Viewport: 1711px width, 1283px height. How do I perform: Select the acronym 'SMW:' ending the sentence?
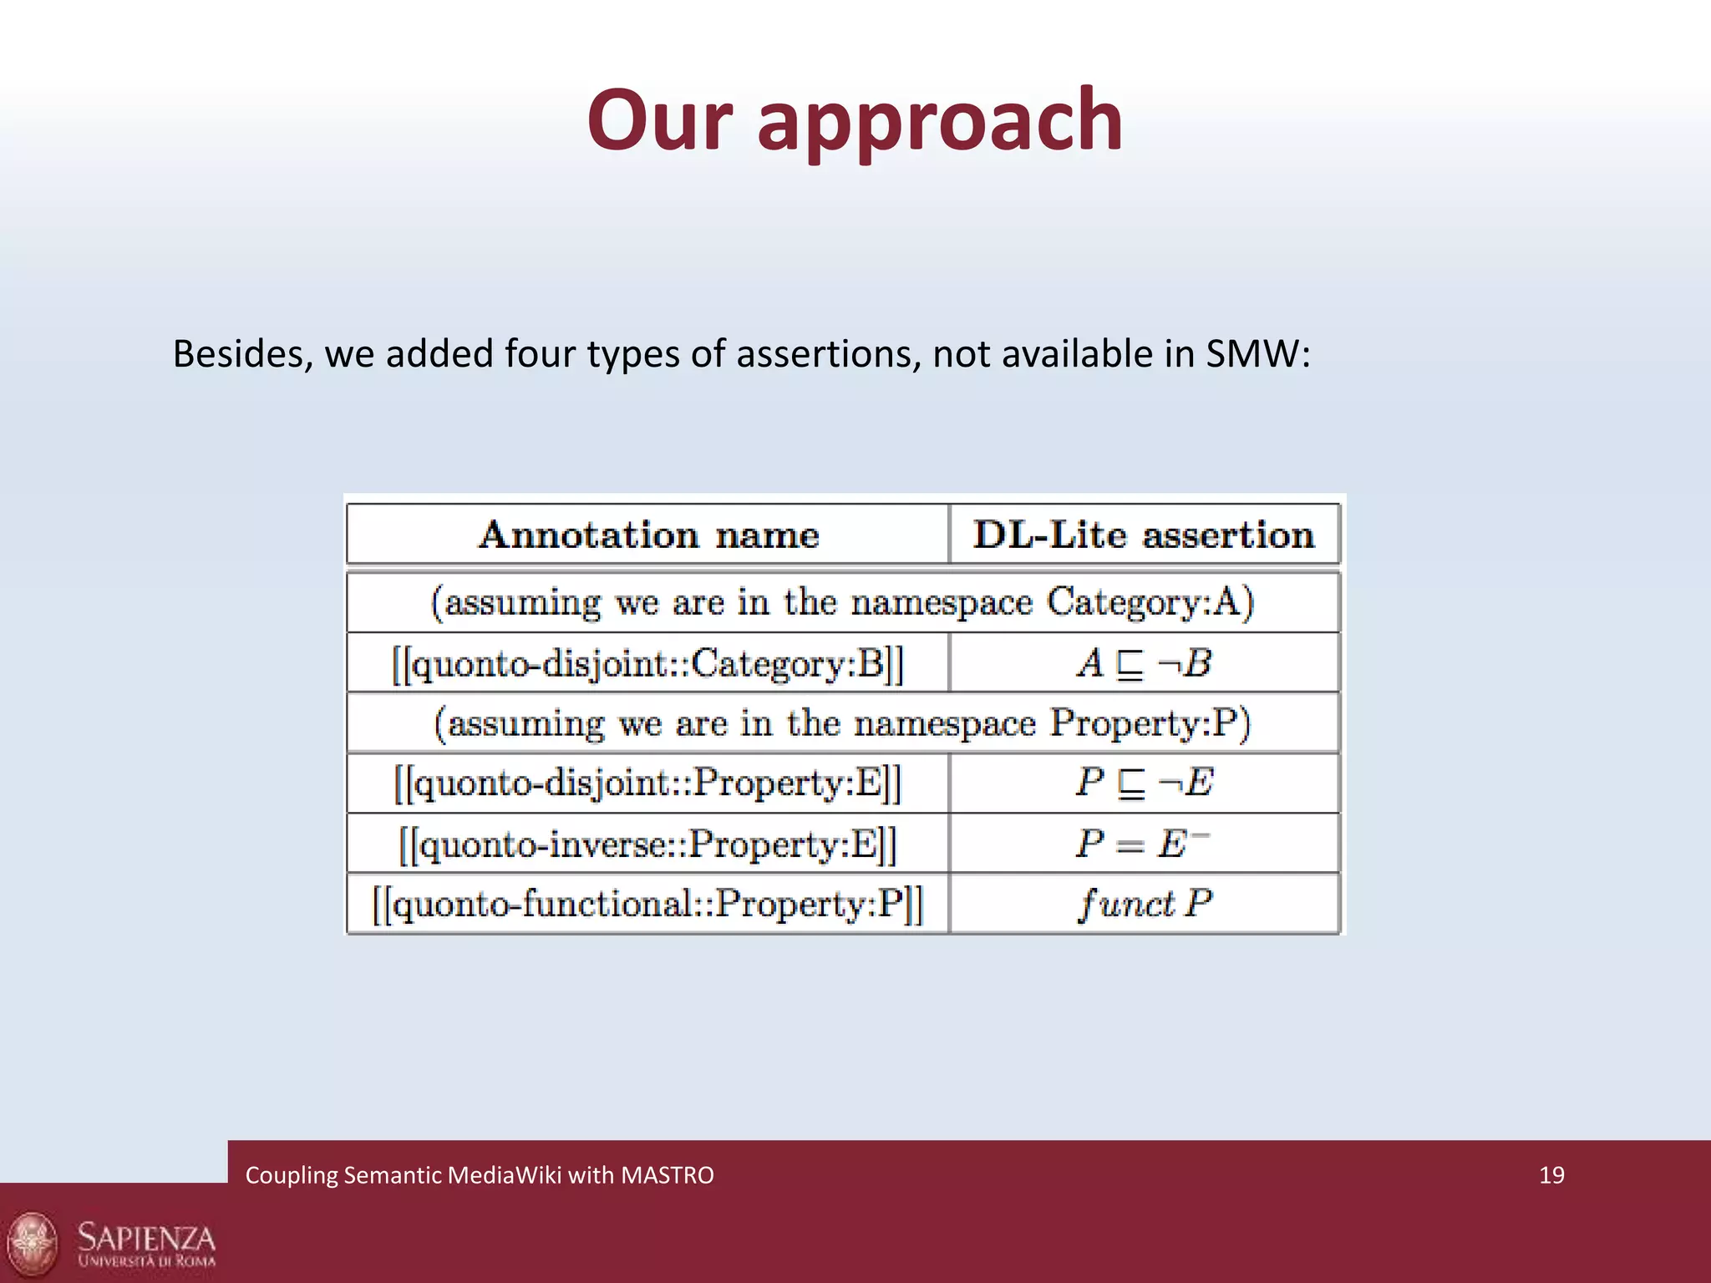tap(1258, 354)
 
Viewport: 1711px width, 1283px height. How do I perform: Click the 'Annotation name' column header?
tap(648, 535)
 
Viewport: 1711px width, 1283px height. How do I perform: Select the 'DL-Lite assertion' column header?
tap(1144, 535)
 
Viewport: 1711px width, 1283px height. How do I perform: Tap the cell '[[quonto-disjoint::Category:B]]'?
tap(648, 664)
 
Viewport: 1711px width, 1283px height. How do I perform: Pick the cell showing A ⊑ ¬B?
tap(1144, 664)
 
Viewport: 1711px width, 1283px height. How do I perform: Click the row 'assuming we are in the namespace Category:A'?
tap(842, 602)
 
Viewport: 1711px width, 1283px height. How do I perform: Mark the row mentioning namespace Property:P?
tap(842, 723)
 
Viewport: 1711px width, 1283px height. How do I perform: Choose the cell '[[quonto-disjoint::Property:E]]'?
tap(648, 783)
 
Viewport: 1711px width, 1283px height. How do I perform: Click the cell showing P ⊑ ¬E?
tap(1144, 783)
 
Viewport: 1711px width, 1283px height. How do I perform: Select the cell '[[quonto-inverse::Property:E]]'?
tap(648, 844)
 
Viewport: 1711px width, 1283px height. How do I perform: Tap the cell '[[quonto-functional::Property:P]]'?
tap(648, 905)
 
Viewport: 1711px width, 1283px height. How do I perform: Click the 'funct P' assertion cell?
tap(1144, 905)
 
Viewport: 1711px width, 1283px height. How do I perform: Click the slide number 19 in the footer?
tap(1551, 1175)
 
